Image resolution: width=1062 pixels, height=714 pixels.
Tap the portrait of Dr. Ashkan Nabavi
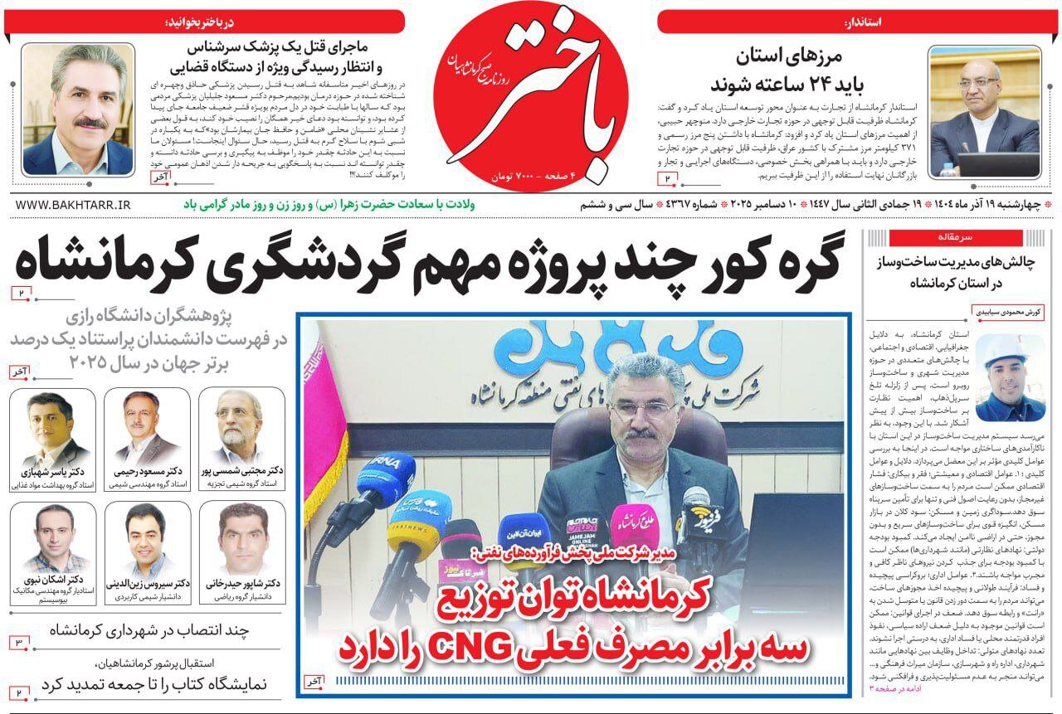coord(51,538)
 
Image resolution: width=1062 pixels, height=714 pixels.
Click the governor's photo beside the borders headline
coord(984,112)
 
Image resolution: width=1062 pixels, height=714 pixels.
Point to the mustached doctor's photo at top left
coord(77,109)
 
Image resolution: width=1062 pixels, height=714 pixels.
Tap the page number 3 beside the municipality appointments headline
coord(19,643)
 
